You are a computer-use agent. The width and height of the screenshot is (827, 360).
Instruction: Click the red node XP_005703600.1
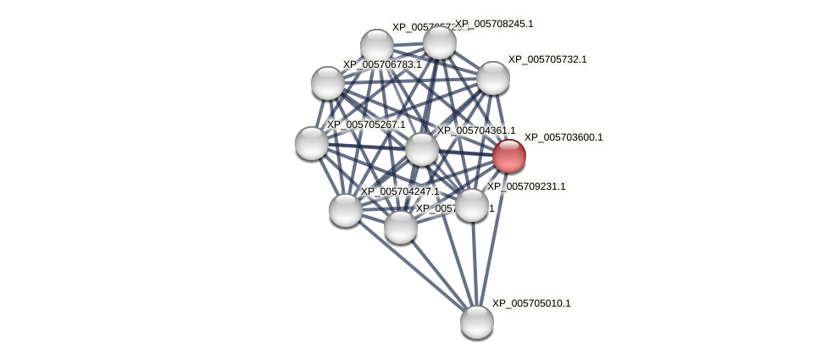509,156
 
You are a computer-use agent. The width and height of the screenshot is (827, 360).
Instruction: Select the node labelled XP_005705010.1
477,322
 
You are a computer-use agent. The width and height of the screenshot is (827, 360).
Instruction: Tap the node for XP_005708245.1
439,42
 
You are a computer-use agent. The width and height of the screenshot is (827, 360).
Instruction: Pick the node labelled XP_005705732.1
492,78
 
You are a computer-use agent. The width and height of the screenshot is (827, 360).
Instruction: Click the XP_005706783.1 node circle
328,83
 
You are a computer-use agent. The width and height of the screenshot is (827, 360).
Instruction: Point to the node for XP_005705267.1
312,143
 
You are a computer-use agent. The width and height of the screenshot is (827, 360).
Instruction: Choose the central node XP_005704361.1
421,149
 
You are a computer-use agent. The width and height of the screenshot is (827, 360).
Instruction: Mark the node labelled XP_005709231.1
472,205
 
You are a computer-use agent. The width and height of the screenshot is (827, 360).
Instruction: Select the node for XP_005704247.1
346,210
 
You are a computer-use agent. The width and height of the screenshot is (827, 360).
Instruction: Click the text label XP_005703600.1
563,137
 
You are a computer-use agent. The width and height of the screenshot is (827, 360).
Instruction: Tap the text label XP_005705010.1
531,303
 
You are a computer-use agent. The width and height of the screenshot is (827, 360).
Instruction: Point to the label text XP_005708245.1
494,24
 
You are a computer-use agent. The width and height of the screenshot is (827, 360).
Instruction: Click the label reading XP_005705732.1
547,59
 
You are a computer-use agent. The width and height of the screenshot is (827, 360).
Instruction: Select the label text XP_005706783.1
382,64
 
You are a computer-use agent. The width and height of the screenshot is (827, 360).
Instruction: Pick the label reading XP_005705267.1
366,125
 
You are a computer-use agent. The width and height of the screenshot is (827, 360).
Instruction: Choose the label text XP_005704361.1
475,130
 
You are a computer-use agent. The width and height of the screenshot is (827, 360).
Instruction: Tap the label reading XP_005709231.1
526,186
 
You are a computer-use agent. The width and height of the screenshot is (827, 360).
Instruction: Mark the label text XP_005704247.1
400,191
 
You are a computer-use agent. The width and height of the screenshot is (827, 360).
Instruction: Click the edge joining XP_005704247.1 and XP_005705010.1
411,266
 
